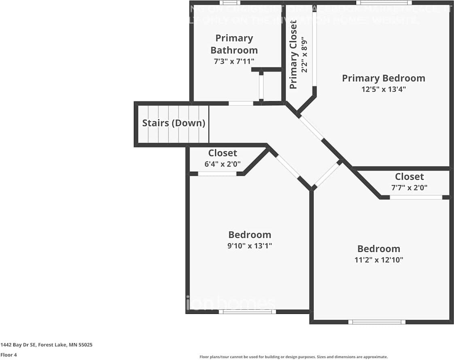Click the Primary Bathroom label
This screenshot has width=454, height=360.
[x=234, y=44]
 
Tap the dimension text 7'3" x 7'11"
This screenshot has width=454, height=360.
[x=234, y=62]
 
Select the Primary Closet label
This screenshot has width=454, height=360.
[x=293, y=54]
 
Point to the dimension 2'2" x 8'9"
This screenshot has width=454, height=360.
[x=305, y=54]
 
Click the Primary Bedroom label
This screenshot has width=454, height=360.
[x=383, y=78]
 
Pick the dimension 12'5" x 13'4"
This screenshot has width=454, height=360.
[x=383, y=89]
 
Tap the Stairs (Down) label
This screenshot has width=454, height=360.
[x=174, y=123]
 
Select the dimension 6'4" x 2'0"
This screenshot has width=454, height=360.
[x=222, y=164]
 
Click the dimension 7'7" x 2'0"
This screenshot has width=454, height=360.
[x=409, y=187]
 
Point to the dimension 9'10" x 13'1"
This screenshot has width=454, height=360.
[x=249, y=246]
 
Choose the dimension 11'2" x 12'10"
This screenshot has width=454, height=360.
[x=378, y=260]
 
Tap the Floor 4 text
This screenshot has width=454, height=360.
[x=8, y=355]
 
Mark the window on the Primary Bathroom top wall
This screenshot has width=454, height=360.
[x=230, y=3]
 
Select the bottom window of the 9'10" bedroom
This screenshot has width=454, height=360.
[x=247, y=311]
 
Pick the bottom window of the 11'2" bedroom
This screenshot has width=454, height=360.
[x=377, y=322]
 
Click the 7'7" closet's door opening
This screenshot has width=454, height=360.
[x=416, y=197]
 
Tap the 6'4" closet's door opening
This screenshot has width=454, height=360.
[x=217, y=174]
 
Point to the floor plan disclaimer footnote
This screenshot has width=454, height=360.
[x=293, y=357]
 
